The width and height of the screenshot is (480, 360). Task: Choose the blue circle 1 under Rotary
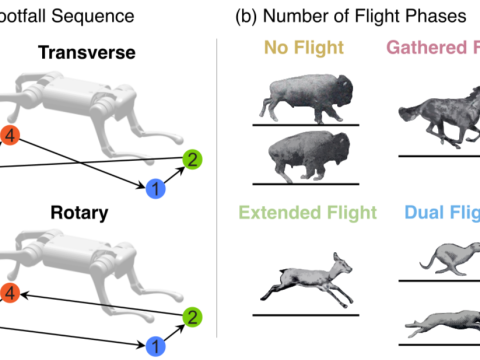(x=155, y=345)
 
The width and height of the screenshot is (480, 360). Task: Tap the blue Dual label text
(x=440, y=213)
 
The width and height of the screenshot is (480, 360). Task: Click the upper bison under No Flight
(x=304, y=98)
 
